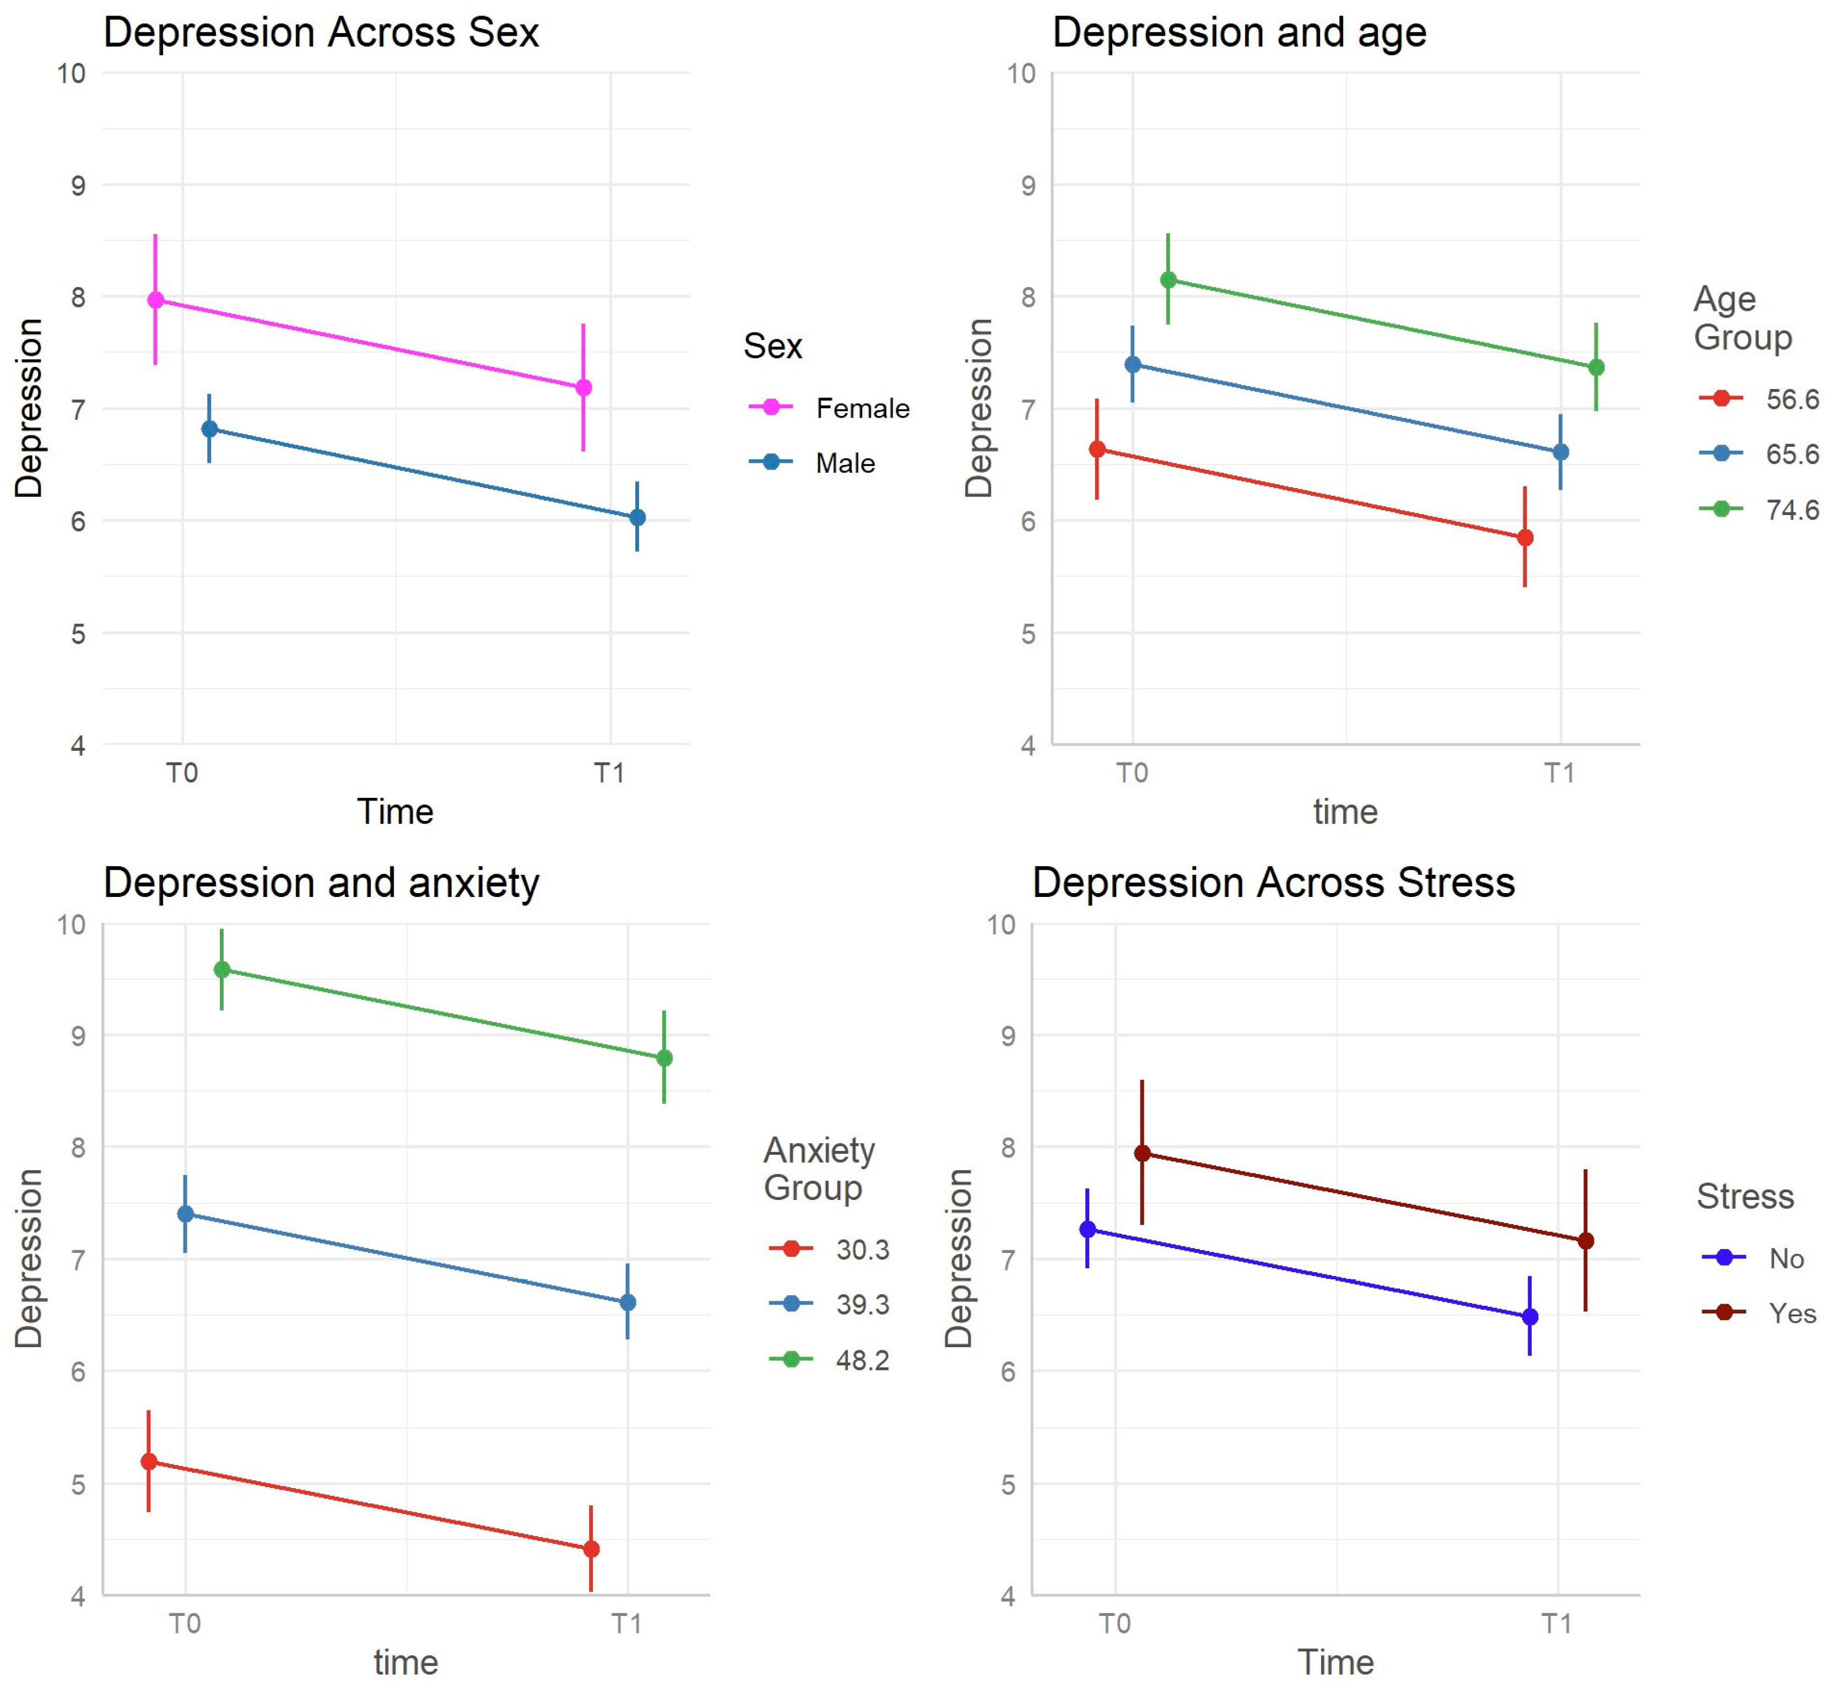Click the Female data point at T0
[156, 300]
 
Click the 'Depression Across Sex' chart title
[321, 33]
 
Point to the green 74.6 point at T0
[1168, 280]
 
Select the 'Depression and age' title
[1239, 33]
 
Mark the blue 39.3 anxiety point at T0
[185, 1214]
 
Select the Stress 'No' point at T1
[1530, 1317]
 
